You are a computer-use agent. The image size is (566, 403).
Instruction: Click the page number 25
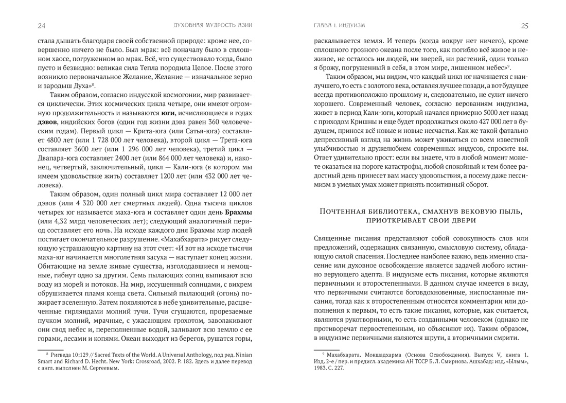coord(524,25)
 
